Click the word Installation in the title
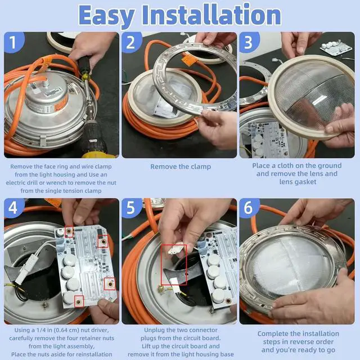(211, 14)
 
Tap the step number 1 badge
(13, 42)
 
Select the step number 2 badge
(131, 42)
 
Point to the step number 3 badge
(249, 42)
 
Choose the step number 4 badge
(13, 208)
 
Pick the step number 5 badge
(131, 208)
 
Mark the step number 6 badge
(249, 208)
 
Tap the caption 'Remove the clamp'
(181, 166)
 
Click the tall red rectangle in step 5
(174, 265)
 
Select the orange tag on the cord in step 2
(190, 60)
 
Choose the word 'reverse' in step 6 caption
(299, 342)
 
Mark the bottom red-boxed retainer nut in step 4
(79, 301)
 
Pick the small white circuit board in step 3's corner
(336, 49)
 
